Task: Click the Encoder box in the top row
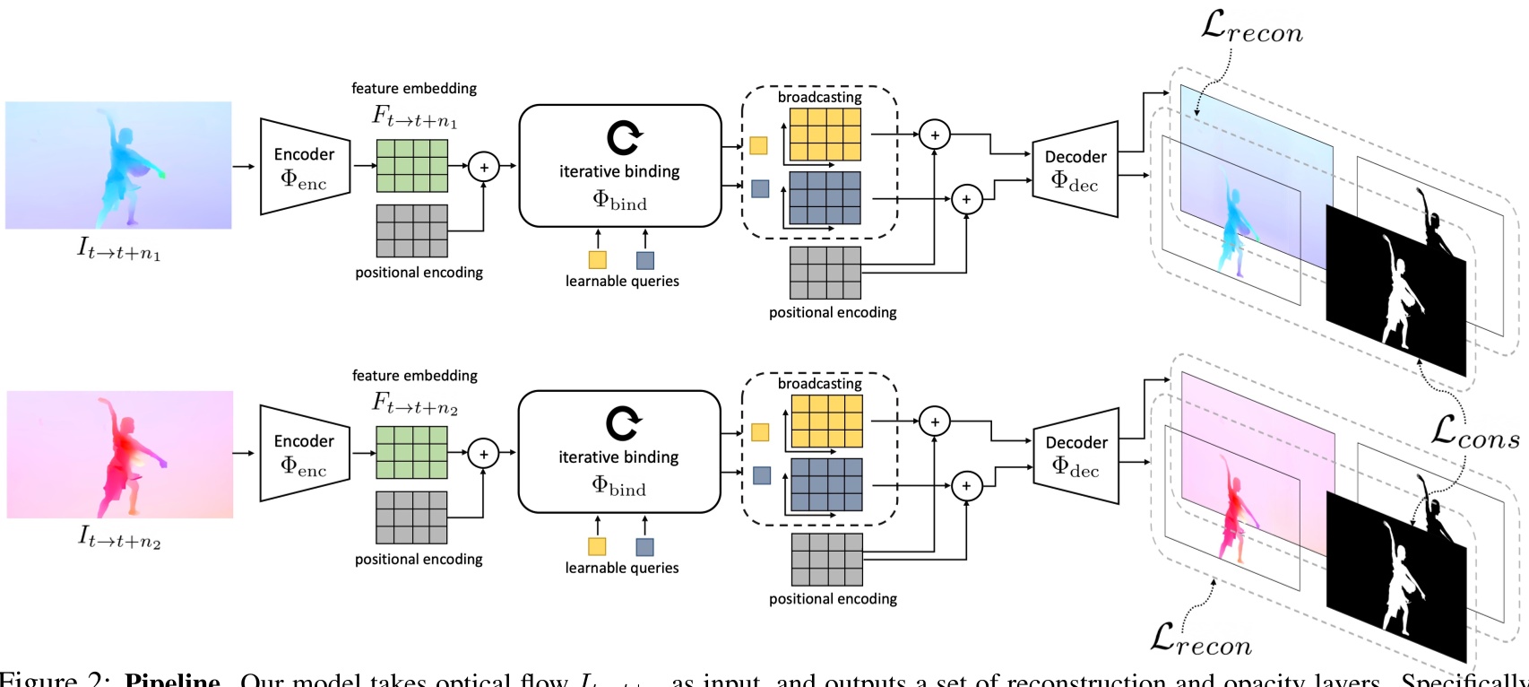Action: click(x=304, y=167)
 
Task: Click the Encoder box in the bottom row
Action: click(x=304, y=453)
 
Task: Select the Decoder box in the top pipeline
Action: click(x=1075, y=169)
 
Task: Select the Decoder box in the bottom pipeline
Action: click(x=1075, y=455)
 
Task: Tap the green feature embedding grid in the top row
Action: click(x=411, y=166)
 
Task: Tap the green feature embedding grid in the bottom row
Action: click(x=411, y=452)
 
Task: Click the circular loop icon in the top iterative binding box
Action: click(x=623, y=137)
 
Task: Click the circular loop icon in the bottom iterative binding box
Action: click(x=622, y=423)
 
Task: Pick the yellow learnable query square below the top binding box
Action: click(x=598, y=260)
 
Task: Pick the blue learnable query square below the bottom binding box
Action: click(x=644, y=546)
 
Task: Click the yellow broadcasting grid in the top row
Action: click(x=825, y=135)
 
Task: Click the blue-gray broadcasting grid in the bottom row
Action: click(x=826, y=484)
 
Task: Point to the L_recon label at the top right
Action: click(x=1251, y=29)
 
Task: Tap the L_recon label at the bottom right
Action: click(x=1201, y=639)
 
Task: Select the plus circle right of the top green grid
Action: click(x=484, y=167)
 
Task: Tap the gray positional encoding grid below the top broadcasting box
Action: click(x=825, y=273)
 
